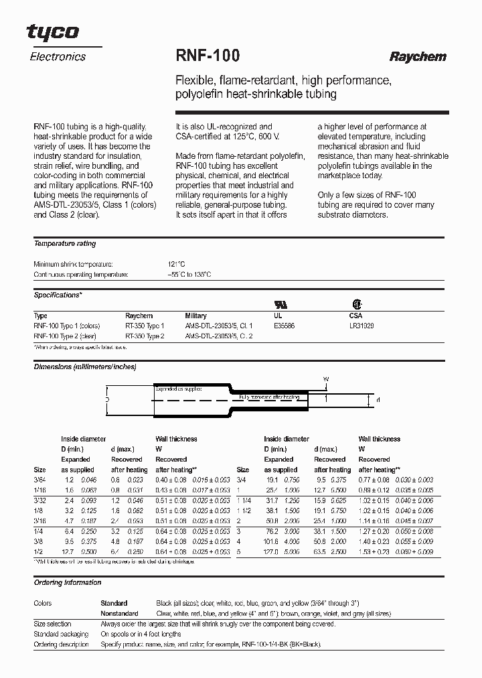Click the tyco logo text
click(53, 31)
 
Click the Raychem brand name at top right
click(418, 57)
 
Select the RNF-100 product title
click(208, 56)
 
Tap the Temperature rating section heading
click(65, 244)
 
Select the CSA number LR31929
click(362, 326)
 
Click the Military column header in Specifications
click(196, 316)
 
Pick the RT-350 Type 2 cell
click(145, 336)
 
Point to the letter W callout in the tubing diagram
click(326, 379)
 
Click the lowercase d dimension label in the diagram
click(378, 401)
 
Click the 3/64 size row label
click(39, 480)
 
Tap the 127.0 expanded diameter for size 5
click(272, 551)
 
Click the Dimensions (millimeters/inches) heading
click(85, 367)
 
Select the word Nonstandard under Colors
click(119, 613)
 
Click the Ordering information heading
click(68, 583)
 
